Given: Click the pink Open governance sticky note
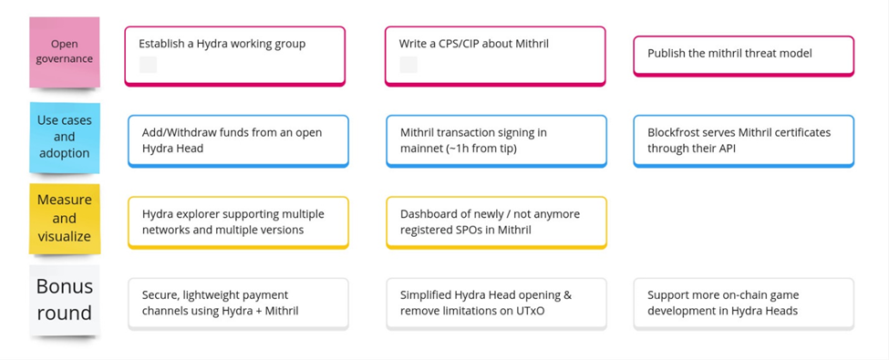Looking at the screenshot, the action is [64, 52].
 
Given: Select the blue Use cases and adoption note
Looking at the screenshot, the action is [64, 138].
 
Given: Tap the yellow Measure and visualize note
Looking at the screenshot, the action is [64, 218].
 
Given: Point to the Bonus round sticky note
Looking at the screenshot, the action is [64, 300].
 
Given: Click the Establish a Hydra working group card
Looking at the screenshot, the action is [234, 57].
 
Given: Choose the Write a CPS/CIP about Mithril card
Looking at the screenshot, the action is [495, 57].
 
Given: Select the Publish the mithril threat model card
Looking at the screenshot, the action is [743, 56].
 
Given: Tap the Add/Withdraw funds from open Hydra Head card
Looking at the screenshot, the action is [238, 141].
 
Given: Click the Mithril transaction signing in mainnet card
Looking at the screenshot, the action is [497, 141].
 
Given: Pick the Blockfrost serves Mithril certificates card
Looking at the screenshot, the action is [743, 141].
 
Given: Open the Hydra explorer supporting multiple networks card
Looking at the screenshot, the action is [238, 222].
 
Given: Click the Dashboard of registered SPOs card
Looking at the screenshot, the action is [497, 222].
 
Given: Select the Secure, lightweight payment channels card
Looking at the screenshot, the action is [238, 303].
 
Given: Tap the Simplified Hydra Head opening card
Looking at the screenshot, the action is [497, 303].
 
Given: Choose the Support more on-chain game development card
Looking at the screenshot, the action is [743, 303].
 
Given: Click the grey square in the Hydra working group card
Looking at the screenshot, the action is [148, 65].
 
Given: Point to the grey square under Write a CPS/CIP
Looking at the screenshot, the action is [408, 65].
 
